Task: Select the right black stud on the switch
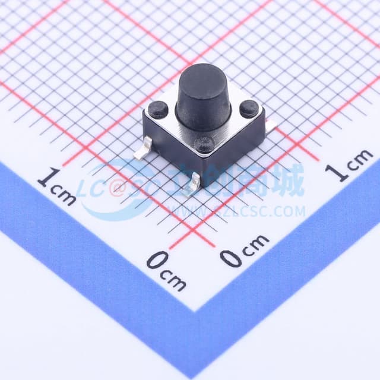click(x=249, y=108)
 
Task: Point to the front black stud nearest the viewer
click(x=204, y=143)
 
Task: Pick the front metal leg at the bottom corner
click(x=191, y=189)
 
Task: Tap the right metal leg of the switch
click(x=270, y=126)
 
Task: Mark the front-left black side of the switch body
click(x=172, y=148)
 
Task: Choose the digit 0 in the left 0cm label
click(x=156, y=261)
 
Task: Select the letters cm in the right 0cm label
click(x=255, y=243)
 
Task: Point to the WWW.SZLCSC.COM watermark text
click(x=237, y=211)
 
